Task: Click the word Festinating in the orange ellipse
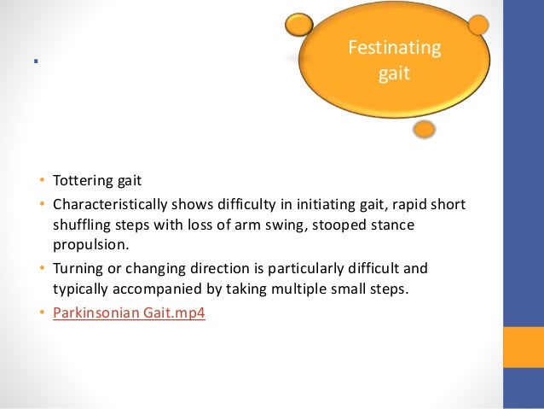click(394, 48)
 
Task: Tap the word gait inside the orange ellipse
click(394, 74)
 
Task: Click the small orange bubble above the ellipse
click(299, 25)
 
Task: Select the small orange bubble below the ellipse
click(424, 130)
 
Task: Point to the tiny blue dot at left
click(35, 61)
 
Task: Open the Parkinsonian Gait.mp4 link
click(129, 313)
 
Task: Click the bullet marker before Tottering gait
click(40, 181)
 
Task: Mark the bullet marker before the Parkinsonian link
click(40, 313)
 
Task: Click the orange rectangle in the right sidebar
click(524, 347)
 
